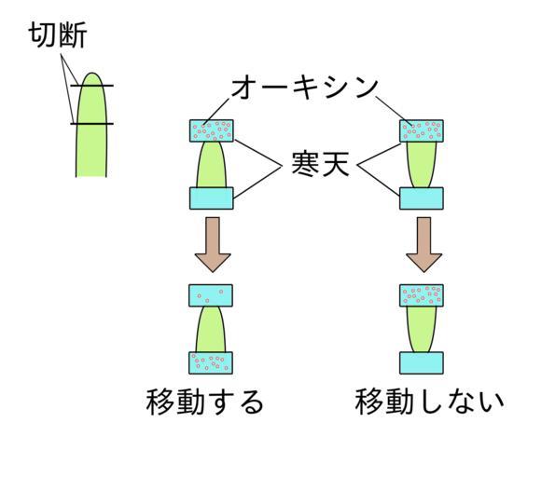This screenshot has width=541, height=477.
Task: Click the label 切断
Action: pyautogui.click(x=57, y=35)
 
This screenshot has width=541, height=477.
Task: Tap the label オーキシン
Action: pyautogui.click(x=305, y=88)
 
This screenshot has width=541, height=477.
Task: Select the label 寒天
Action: pyautogui.click(x=320, y=164)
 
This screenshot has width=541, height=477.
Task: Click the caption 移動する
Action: pyautogui.click(x=204, y=402)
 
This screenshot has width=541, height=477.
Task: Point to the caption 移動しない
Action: pyautogui.click(x=429, y=402)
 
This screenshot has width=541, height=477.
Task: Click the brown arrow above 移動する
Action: pyautogui.click(x=213, y=244)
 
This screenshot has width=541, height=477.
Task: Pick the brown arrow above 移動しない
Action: pyautogui.click(x=424, y=244)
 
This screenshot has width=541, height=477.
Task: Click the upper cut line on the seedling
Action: pyautogui.click(x=91, y=86)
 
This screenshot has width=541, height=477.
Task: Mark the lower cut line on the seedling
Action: pyautogui.click(x=91, y=124)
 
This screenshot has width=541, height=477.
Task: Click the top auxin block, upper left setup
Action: pyautogui.click(x=212, y=130)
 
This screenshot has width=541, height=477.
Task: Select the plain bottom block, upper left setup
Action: pyautogui.click(x=212, y=198)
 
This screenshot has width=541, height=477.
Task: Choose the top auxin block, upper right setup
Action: pyautogui.click(x=422, y=130)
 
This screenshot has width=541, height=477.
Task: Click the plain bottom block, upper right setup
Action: pyautogui.click(x=422, y=198)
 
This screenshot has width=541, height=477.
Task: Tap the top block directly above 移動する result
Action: pyautogui.click(x=211, y=295)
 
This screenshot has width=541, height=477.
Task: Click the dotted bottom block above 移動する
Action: pyautogui.click(x=211, y=363)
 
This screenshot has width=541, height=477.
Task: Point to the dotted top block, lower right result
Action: pyautogui.click(x=422, y=295)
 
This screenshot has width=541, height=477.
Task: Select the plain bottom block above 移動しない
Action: pyautogui.click(x=422, y=363)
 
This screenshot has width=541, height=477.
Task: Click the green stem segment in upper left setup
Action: pyautogui.click(x=212, y=165)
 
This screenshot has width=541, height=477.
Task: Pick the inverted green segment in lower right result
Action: pyautogui.click(x=422, y=329)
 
